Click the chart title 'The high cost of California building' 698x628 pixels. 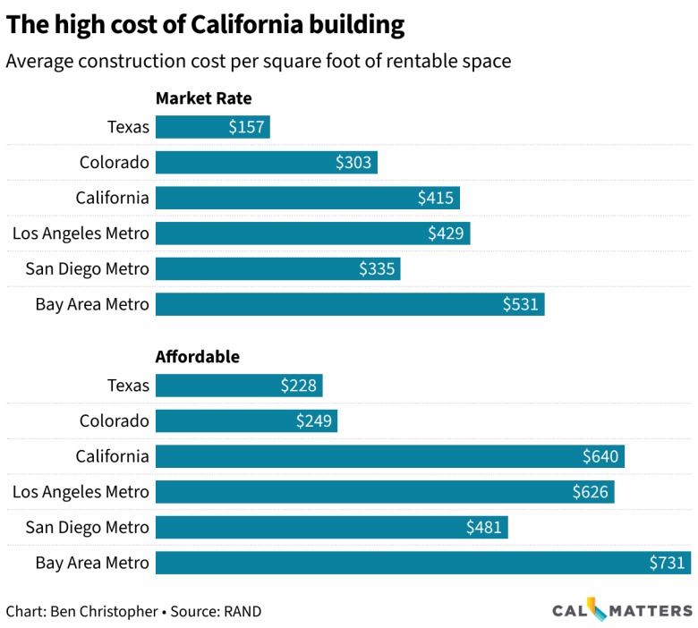point(205,25)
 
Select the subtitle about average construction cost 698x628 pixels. point(259,61)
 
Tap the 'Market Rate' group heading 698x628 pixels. point(203,98)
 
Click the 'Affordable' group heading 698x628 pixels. point(198,356)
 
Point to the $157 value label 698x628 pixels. point(246,127)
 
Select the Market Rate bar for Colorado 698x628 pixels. point(267,162)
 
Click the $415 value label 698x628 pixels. point(436,198)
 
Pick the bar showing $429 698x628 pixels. point(313,233)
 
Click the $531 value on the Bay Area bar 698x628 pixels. point(520,304)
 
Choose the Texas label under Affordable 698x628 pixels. point(128,386)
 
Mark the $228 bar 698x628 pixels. point(239,386)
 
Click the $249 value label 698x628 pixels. point(314,421)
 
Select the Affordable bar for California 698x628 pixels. point(390,456)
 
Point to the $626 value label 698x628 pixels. point(591,492)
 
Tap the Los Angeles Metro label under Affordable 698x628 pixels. point(81,492)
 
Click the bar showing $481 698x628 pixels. point(332,528)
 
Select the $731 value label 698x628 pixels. point(667,563)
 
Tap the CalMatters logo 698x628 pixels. point(621,610)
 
